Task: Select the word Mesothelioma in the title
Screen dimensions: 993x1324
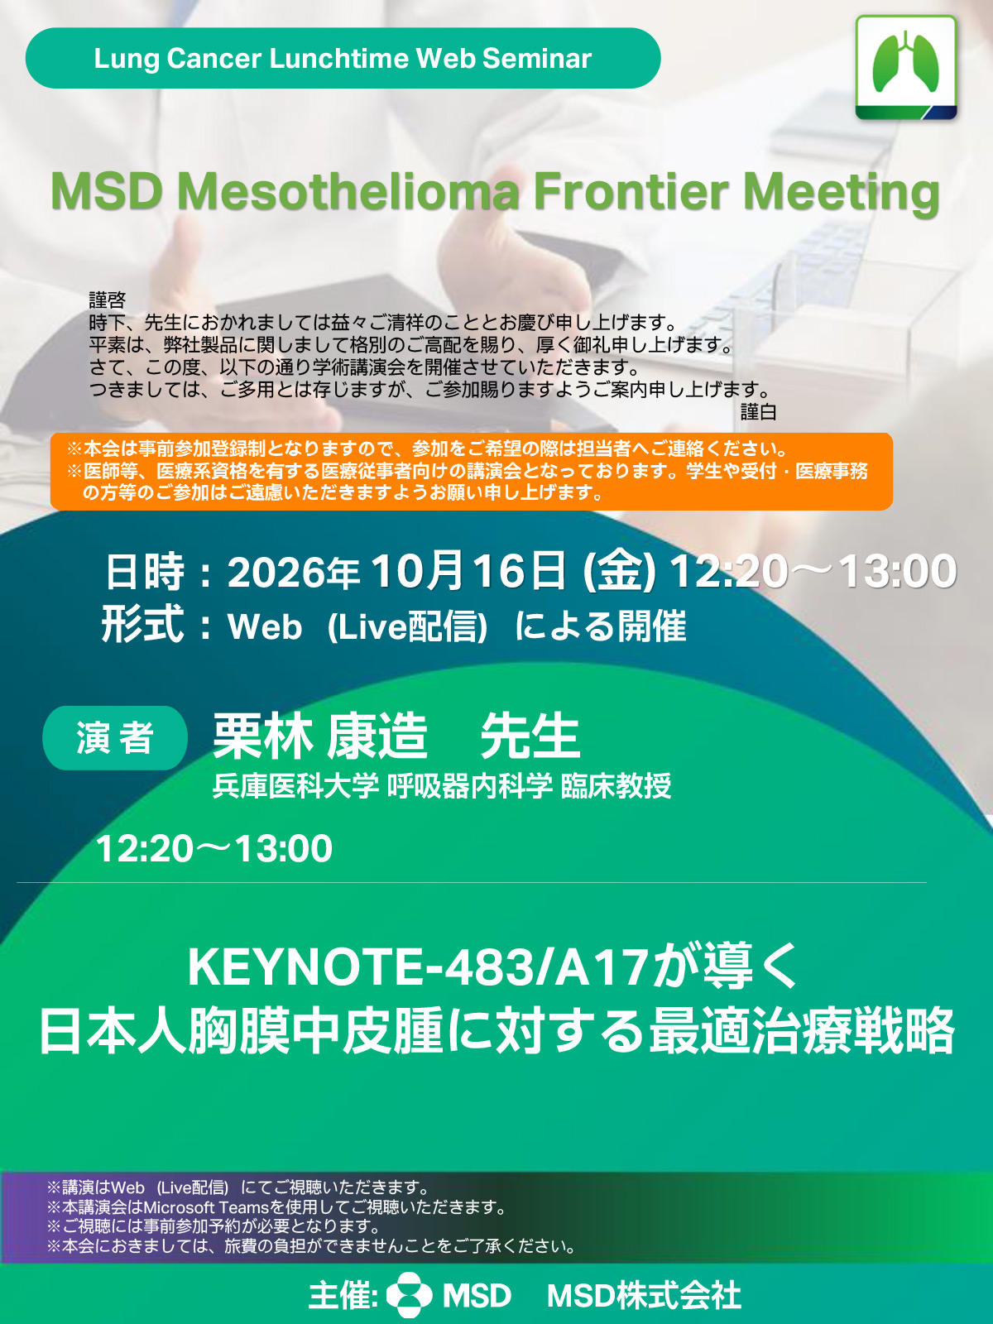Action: click(x=348, y=192)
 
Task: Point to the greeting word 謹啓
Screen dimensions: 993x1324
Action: click(x=108, y=300)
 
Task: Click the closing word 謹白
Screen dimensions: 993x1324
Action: click(x=759, y=412)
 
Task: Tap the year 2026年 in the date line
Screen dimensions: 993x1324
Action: click(x=294, y=572)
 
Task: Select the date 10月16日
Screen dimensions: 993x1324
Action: click(x=468, y=570)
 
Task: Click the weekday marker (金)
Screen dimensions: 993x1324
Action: click(x=619, y=571)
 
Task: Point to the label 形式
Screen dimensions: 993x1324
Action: click(x=143, y=625)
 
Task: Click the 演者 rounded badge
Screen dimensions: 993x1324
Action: click(x=115, y=737)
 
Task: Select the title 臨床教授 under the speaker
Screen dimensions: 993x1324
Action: click(x=616, y=786)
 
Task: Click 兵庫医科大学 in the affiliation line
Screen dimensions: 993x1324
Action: click(x=295, y=786)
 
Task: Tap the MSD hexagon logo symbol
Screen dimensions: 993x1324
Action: click(x=409, y=1295)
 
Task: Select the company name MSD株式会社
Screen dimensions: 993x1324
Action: click(x=644, y=1295)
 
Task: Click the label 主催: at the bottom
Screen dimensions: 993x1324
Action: click(x=343, y=1296)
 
